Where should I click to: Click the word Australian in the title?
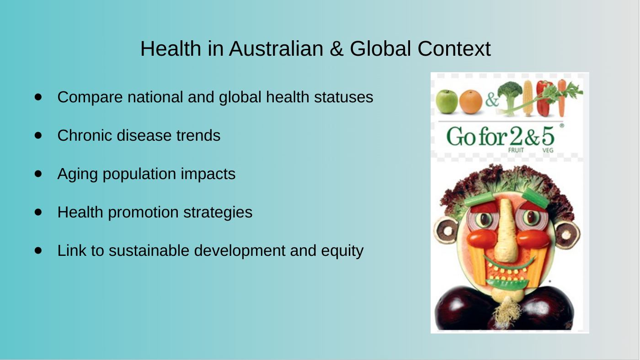pos(276,48)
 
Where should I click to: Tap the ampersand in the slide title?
pos(336,48)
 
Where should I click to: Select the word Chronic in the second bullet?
pos(85,135)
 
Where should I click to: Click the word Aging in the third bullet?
pos(77,174)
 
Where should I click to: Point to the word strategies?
pos(218,212)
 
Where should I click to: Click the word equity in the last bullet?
pos(342,251)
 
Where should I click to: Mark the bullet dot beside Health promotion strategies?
pos(38,212)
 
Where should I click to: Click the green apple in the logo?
pos(447,101)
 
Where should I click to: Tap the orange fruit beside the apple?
pos(470,102)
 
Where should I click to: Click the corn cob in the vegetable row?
pos(528,98)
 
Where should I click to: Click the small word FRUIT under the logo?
pos(516,150)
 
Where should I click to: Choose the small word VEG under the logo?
pos(548,150)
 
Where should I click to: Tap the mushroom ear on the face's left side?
pos(446,230)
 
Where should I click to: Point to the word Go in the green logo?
pos(461,137)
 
